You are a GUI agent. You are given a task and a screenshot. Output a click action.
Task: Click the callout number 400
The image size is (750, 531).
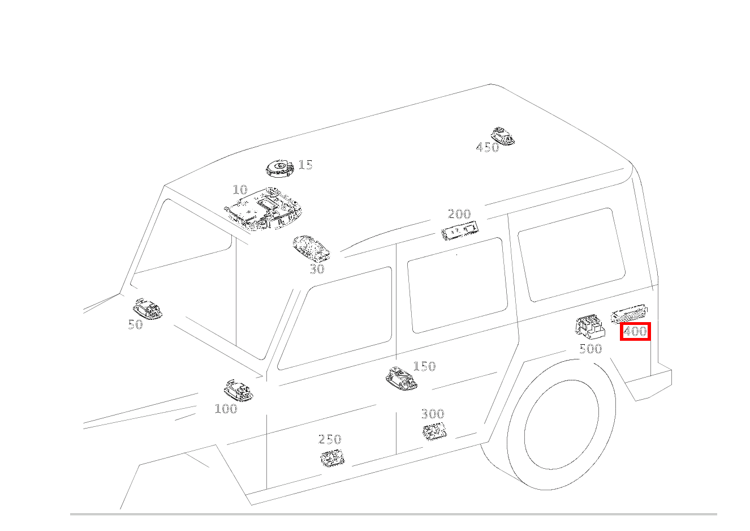tap(635, 331)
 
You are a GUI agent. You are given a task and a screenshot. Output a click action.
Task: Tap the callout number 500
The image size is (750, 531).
tap(590, 349)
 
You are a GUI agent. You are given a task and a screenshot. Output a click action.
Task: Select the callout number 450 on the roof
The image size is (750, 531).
tap(487, 148)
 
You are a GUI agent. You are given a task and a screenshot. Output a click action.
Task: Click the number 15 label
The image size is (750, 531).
tap(305, 165)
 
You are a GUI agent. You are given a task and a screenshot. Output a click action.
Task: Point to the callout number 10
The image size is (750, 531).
tap(240, 190)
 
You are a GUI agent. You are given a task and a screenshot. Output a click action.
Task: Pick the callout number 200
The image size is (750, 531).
tap(459, 214)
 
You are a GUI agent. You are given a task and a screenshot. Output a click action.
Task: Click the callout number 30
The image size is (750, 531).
tap(317, 269)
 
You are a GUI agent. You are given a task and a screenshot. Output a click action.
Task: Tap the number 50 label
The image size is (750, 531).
tap(135, 324)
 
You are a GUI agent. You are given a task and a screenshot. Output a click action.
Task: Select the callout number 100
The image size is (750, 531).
tap(226, 409)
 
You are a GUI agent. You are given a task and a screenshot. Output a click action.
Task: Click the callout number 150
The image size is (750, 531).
tap(424, 366)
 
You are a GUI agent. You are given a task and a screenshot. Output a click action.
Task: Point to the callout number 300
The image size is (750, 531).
tap(432, 414)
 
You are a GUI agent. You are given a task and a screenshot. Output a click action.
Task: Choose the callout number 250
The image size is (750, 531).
tap(330, 439)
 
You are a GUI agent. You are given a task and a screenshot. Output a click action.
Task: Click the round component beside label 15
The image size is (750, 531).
tap(280, 168)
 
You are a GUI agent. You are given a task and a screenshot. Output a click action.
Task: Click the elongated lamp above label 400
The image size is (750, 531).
tap(629, 313)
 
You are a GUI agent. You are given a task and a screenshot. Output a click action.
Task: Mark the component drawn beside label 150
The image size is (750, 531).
tap(401, 378)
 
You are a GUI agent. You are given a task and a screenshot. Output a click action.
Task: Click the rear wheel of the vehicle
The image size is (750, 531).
tap(562, 425)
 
